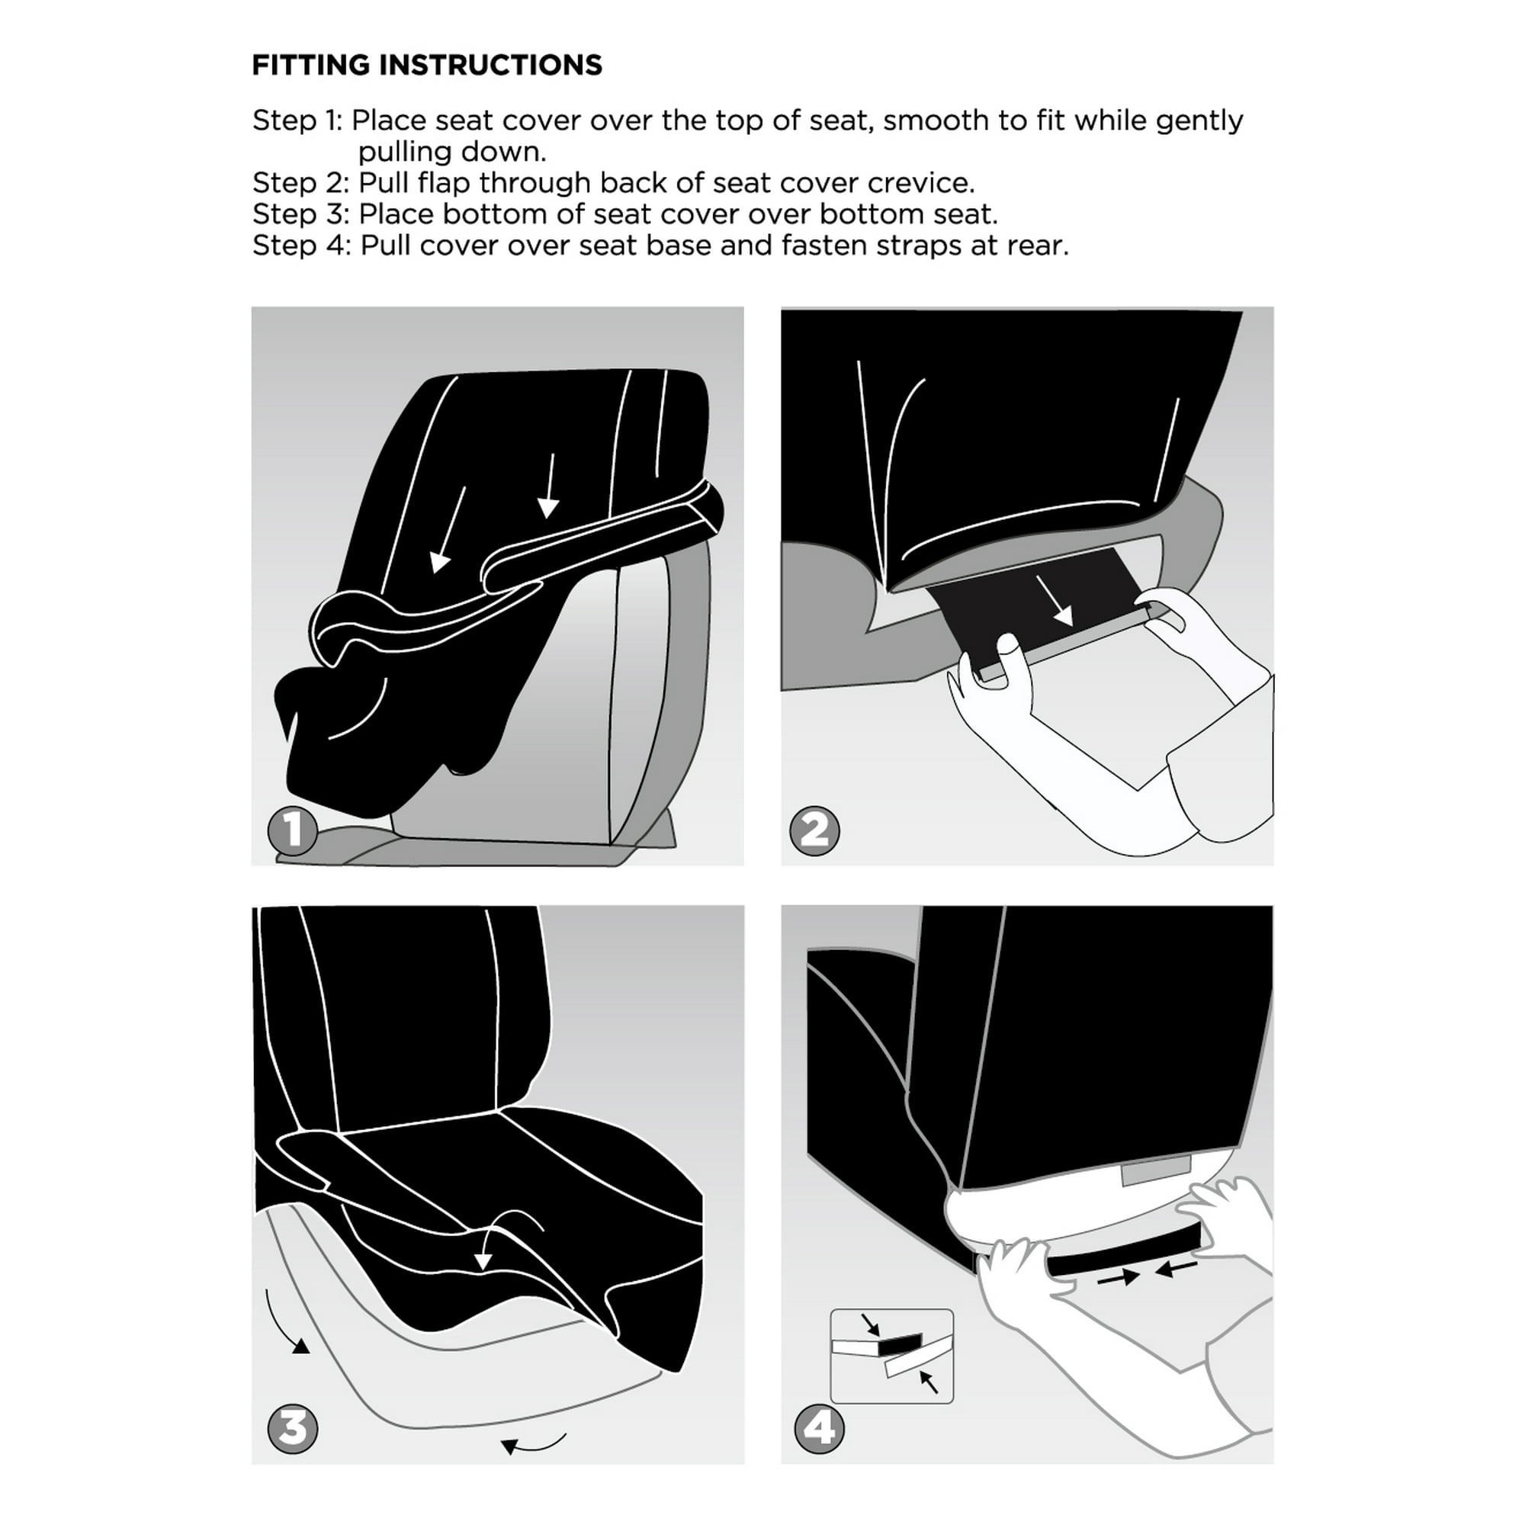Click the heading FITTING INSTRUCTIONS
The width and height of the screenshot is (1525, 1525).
426,65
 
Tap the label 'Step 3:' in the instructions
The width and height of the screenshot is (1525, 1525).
300,215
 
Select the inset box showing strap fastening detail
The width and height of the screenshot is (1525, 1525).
891,1355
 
